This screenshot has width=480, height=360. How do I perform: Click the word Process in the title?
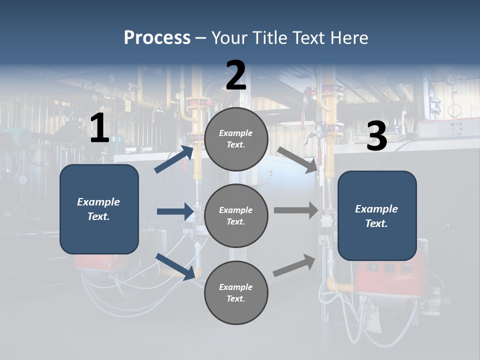coord(157,38)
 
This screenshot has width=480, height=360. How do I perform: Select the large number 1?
coord(99,128)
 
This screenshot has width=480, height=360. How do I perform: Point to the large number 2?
coord(236,75)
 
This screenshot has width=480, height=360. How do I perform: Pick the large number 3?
coord(376,136)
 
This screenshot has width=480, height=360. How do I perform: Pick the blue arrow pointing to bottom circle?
coord(175,266)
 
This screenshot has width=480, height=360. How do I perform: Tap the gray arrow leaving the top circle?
coord(297,159)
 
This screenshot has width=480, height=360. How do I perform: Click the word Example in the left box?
coord(98,202)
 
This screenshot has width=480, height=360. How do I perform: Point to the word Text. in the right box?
coord(376,223)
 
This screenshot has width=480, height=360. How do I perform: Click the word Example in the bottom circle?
coord(236,287)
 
